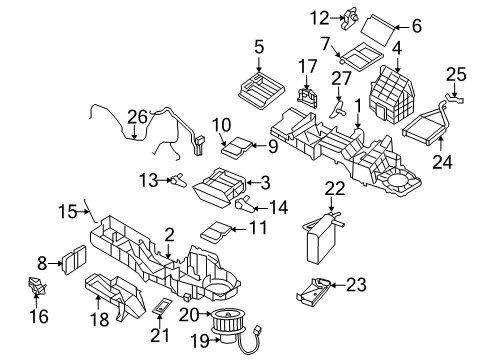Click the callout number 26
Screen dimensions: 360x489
[136, 116]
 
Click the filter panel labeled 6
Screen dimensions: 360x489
[362, 26]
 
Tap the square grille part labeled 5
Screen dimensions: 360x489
[259, 83]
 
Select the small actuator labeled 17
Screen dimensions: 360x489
[307, 94]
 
